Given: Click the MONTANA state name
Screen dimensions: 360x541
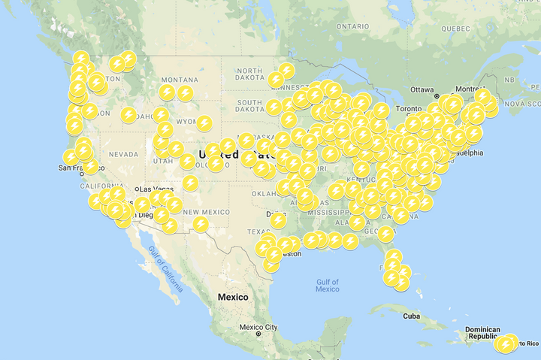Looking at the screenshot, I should [179, 80].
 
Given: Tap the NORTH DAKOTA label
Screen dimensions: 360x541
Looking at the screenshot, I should [250, 75].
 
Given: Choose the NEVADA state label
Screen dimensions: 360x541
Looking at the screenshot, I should [123, 153].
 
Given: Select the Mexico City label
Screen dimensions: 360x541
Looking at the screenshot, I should [258, 327].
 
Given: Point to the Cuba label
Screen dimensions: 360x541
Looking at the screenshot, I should [410, 316].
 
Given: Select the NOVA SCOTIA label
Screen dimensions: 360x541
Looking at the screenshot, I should [523, 104].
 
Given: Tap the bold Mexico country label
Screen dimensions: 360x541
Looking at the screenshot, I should [233, 297].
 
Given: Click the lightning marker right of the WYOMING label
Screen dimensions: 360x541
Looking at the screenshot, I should [204, 123].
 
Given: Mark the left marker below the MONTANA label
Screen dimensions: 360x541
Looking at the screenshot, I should [167, 92].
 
